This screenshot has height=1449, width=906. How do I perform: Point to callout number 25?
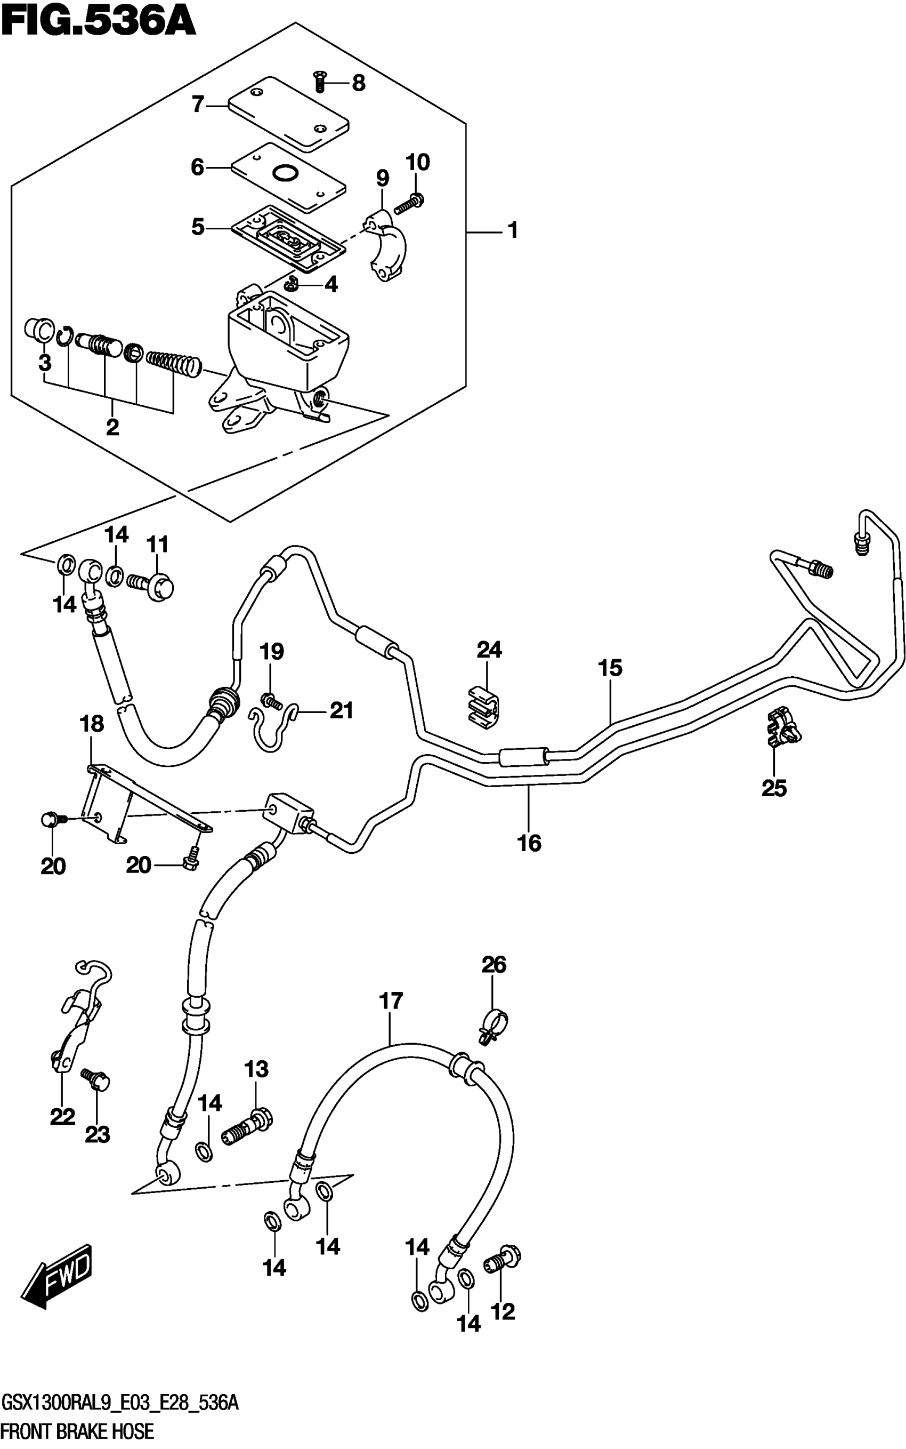click(x=774, y=788)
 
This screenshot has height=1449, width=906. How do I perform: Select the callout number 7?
click(x=198, y=105)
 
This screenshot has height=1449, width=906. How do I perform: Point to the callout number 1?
click(x=513, y=230)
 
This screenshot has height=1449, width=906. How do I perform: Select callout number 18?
click(x=92, y=724)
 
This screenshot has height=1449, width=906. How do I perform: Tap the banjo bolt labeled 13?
click(x=247, y=1128)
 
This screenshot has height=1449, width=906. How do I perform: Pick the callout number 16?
click(x=529, y=844)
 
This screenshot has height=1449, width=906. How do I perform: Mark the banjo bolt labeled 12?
click(x=502, y=1260)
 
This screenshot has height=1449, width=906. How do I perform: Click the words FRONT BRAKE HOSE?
click(x=78, y=1431)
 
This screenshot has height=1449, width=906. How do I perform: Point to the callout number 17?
click(x=391, y=1000)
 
